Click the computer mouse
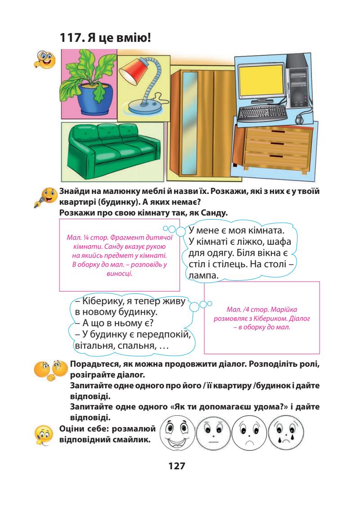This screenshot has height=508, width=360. [299, 120]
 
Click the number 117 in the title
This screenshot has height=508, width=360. [73, 38]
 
